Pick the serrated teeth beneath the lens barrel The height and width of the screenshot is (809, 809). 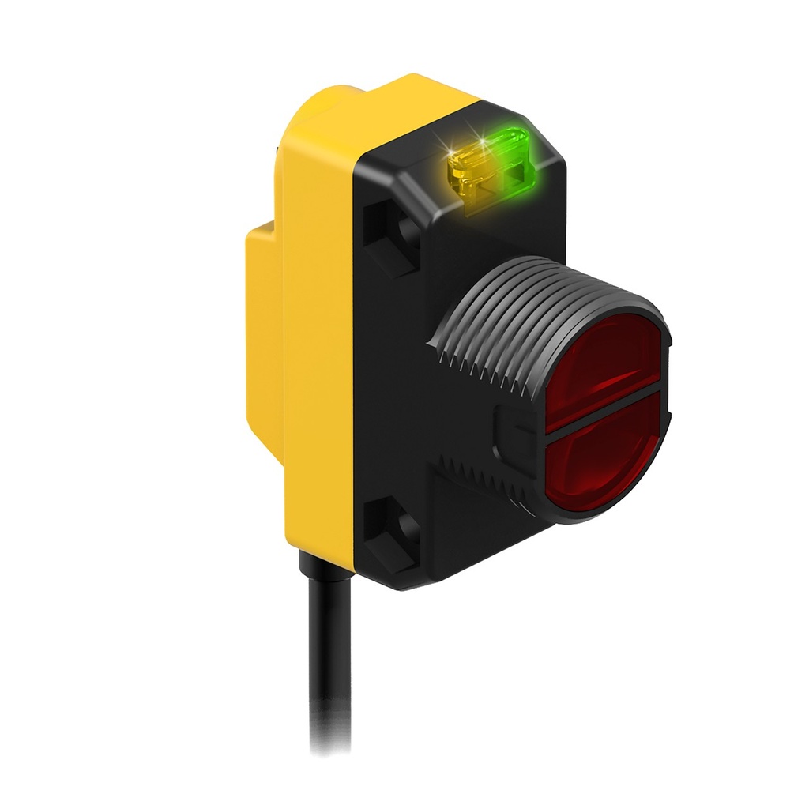tap(482, 482)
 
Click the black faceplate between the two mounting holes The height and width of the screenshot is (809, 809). tap(395, 379)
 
